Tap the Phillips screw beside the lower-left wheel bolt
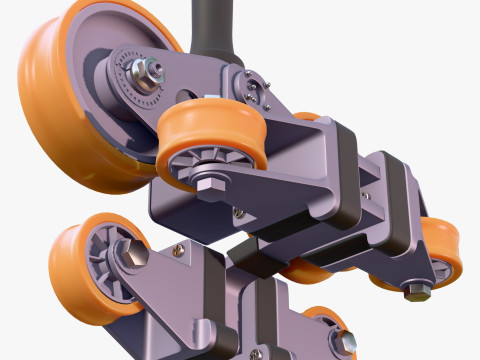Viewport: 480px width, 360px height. point(177,250)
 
